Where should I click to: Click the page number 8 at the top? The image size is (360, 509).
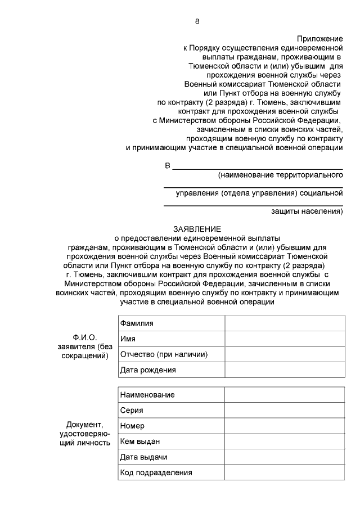tap(197, 21)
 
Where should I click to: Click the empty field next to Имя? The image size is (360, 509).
tap(284, 339)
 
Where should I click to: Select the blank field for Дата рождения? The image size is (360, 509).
tap(284, 370)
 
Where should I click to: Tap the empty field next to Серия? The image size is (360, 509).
tap(284, 410)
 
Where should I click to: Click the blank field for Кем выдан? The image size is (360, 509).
tap(284, 442)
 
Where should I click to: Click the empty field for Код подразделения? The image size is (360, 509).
tap(284, 472)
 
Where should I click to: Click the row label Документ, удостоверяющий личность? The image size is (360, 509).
tap(85, 433)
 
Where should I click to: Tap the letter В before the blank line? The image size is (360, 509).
tap(167, 166)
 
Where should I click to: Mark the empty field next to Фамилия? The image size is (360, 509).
tap(284, 323)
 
